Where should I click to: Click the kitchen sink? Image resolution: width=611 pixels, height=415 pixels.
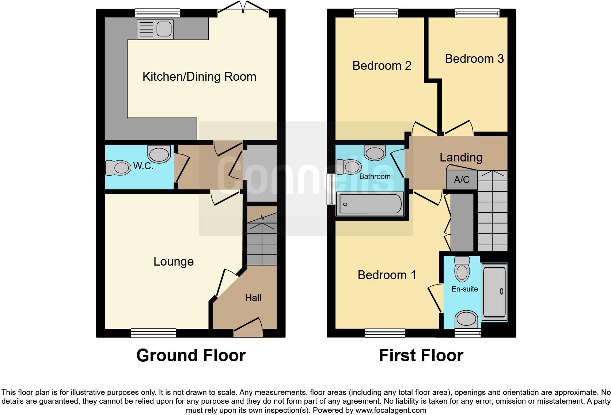pyautogui.click(x=155, y=29)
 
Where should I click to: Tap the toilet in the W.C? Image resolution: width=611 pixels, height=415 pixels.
pyautogui.click(x=118, y=168)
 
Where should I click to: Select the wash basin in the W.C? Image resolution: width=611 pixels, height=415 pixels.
pyautogui.click(x=159, y=153)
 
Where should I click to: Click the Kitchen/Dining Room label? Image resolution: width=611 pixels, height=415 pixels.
pyautogui.click(x=199, y=77)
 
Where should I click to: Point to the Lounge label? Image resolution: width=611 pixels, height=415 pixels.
pyautogui.click(x=174, y=262)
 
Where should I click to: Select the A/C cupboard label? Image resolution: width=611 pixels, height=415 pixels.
pyautogui.click(x=462, y=180)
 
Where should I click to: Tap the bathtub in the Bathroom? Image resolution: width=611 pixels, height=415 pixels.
pyautogui.click(x=371, y=204)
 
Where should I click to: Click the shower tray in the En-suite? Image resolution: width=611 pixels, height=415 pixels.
pyautogui.click(x=494, y=292)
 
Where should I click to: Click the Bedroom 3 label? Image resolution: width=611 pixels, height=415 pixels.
pyautogui.click(x=474, y=59)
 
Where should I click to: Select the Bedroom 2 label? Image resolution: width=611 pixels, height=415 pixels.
pyautogui.click(x=382, y=66)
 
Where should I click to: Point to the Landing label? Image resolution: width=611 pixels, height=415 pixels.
pyautogui.click(x=461, y=157)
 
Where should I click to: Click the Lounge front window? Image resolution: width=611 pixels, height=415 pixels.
pyautogui.click(x=153, y=333)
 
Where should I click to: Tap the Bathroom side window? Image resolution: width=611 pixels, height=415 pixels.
pyautogui.click(x=331, y=189)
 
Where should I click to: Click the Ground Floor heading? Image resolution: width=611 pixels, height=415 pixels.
pyautogui.click(x=191, y=355)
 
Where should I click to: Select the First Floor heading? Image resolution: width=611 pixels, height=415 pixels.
pyautogui.click(x=421, y=355)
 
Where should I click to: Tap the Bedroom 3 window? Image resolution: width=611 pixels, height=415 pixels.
pyautogui.click(x=477, y=14)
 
